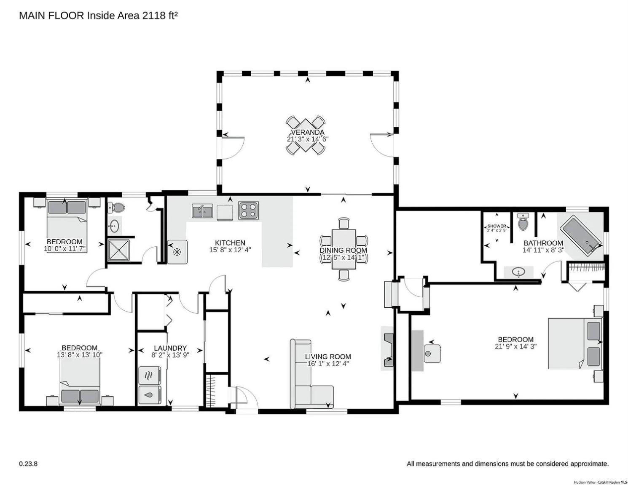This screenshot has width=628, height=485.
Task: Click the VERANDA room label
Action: coord(308,132)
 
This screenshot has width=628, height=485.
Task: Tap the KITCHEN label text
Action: coord(230,243)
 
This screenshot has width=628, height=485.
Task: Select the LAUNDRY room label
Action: coord(170,348)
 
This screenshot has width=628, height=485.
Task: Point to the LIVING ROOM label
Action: coord(328,357)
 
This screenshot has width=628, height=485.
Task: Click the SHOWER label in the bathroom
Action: coord(497,226)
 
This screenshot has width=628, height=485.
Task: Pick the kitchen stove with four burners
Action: coord(248,210)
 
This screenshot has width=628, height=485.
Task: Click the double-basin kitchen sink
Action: coord(203,211)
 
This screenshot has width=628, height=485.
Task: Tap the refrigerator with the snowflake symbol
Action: coord(177,252)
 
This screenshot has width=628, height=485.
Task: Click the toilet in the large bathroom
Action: coord(523,222)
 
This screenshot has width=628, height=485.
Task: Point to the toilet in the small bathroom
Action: coord(116,207)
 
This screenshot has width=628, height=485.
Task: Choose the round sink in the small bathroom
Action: coord(115,225)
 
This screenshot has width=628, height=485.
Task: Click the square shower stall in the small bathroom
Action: coord(118,250)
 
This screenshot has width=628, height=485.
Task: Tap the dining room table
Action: coord(344,249)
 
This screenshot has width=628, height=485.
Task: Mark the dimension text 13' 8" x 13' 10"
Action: coord(80,354)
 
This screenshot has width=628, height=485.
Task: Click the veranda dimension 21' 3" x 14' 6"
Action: coord(308,139)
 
